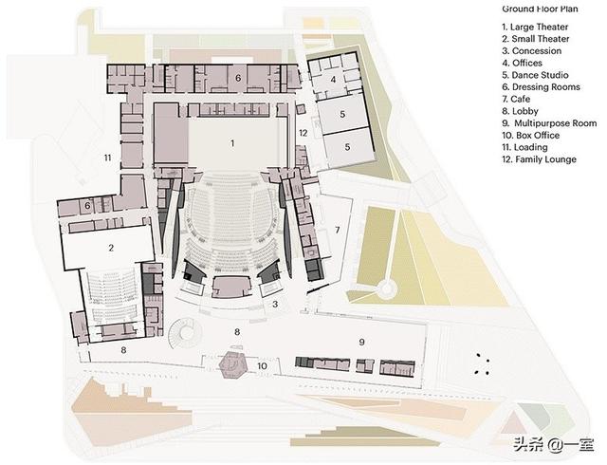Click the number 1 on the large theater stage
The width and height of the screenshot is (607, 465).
click(x=230, y=142)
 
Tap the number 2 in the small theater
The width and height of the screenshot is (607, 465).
click(x=111, y=249)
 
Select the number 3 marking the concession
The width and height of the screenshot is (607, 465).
click(x=274, y=304)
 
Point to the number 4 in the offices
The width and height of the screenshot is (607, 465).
click(x=333, y=80)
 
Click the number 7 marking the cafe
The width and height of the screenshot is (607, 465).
click(x=337, y=231)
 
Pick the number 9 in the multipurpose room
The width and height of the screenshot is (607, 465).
click(x=361, y=341)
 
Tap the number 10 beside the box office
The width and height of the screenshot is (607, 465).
click(x=263, y=365)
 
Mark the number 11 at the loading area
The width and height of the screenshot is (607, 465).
click(x=108, y=158)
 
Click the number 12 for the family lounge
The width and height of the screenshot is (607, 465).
click(x=303, y=133)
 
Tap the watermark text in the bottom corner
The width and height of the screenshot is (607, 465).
click(x=551, y=442)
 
